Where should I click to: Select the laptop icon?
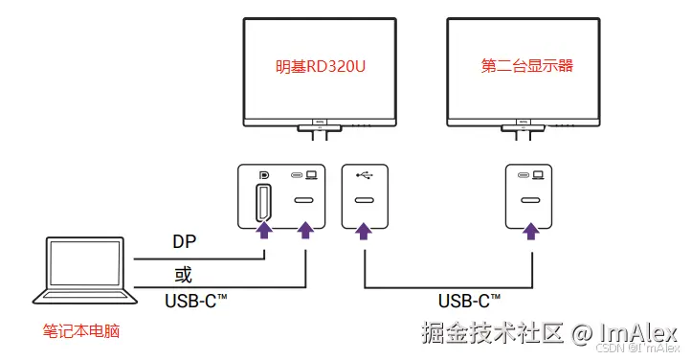pos(81,278)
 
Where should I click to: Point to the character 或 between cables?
pos(183,275)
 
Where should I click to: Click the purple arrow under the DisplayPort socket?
pos(263,230)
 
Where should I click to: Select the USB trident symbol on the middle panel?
pos(364,175)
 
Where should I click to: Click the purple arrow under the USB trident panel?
pos(364,230)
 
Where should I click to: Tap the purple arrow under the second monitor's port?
pos(530,230)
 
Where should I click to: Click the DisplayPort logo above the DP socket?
pos(263,175)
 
